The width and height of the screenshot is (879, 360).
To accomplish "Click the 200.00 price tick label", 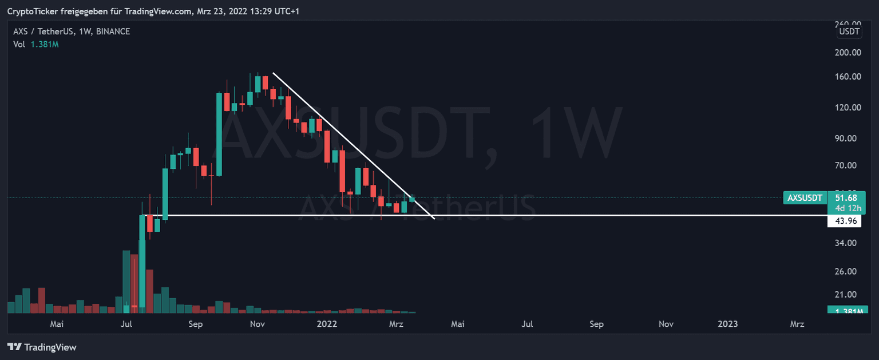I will click(849, 53).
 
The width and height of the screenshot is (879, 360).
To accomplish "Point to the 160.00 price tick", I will click(849, 77).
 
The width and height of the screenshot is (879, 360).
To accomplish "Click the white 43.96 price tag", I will click(844, 221).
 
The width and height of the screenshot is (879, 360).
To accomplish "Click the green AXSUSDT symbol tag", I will click(805, 198).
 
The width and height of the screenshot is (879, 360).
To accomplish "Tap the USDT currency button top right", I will click(849, 31).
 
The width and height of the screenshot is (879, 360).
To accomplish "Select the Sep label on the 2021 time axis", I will click(196, 324).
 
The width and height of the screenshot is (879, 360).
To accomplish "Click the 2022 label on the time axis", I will click(327, 324).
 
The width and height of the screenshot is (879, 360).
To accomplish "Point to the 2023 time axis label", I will click(727, 324).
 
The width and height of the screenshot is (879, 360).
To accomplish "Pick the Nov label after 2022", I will click(666, 324).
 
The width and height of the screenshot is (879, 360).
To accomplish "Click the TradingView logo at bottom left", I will click(42, 347).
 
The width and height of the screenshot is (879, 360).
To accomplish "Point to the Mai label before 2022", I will click(56, 324).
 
